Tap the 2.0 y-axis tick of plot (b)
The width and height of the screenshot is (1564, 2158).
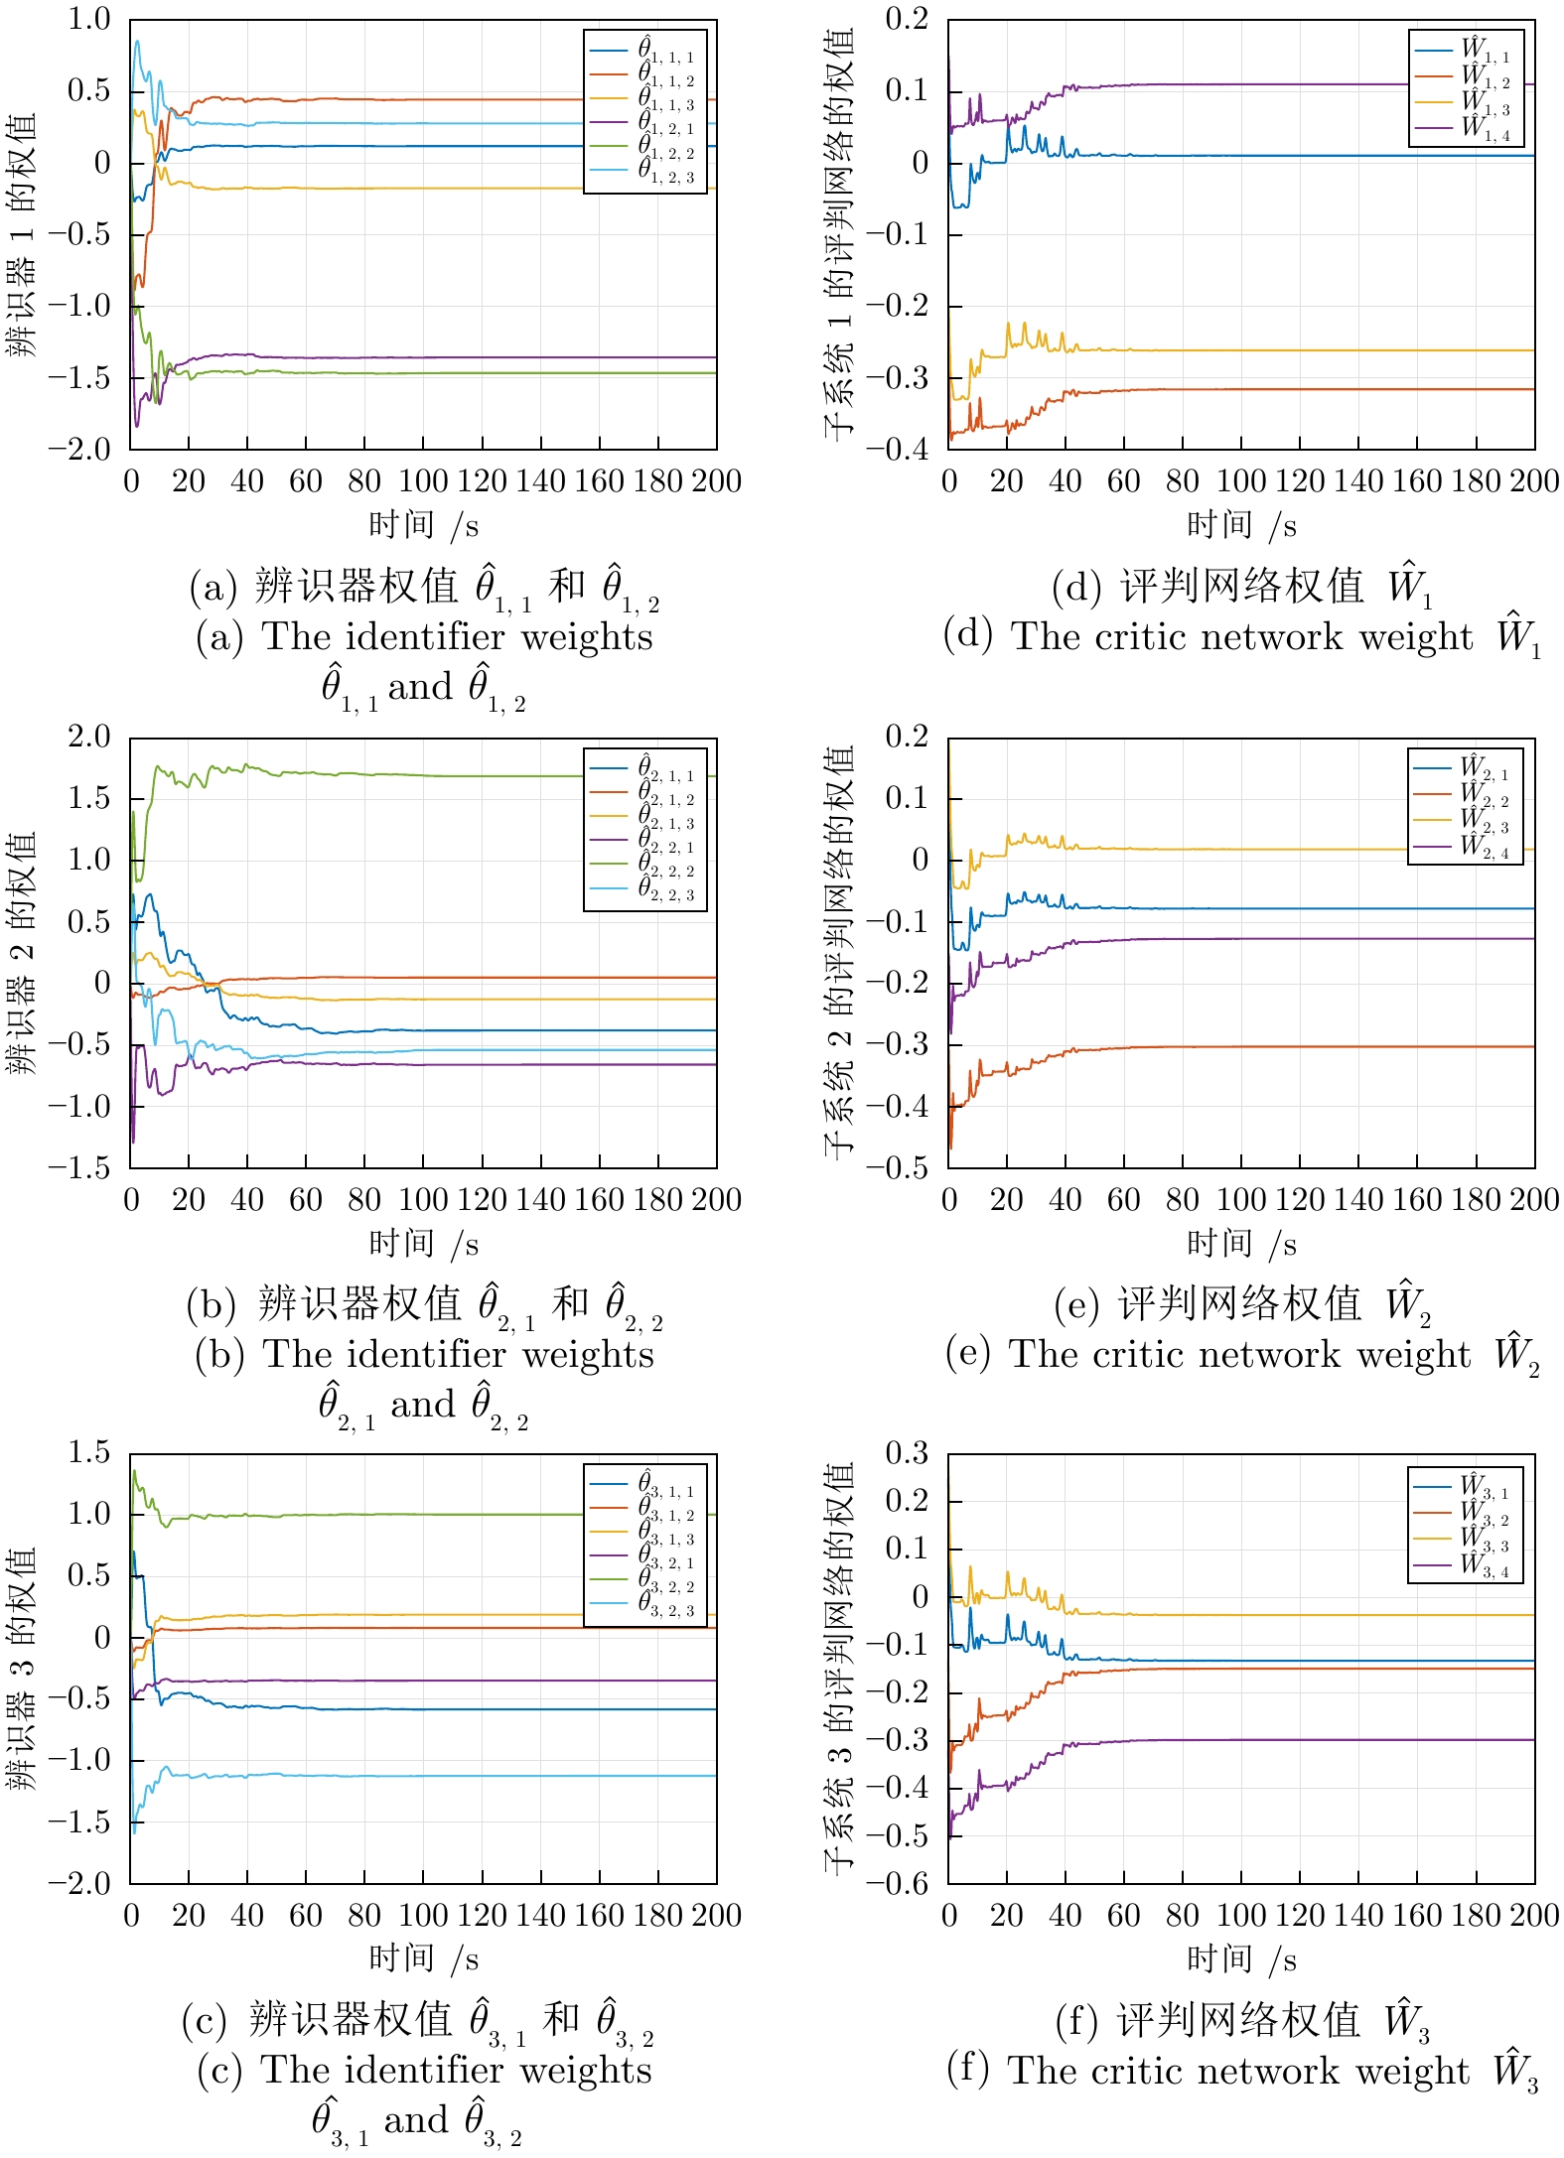coord(88,737)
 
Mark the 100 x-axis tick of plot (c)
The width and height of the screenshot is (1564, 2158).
coord(423,1916)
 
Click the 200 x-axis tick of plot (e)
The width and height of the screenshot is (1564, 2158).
coord(1534,1200)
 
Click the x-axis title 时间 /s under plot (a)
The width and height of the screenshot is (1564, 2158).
coord(423,525)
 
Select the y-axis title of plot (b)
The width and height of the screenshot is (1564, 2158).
coord(22,953)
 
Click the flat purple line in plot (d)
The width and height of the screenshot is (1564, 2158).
coord(1291,84)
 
